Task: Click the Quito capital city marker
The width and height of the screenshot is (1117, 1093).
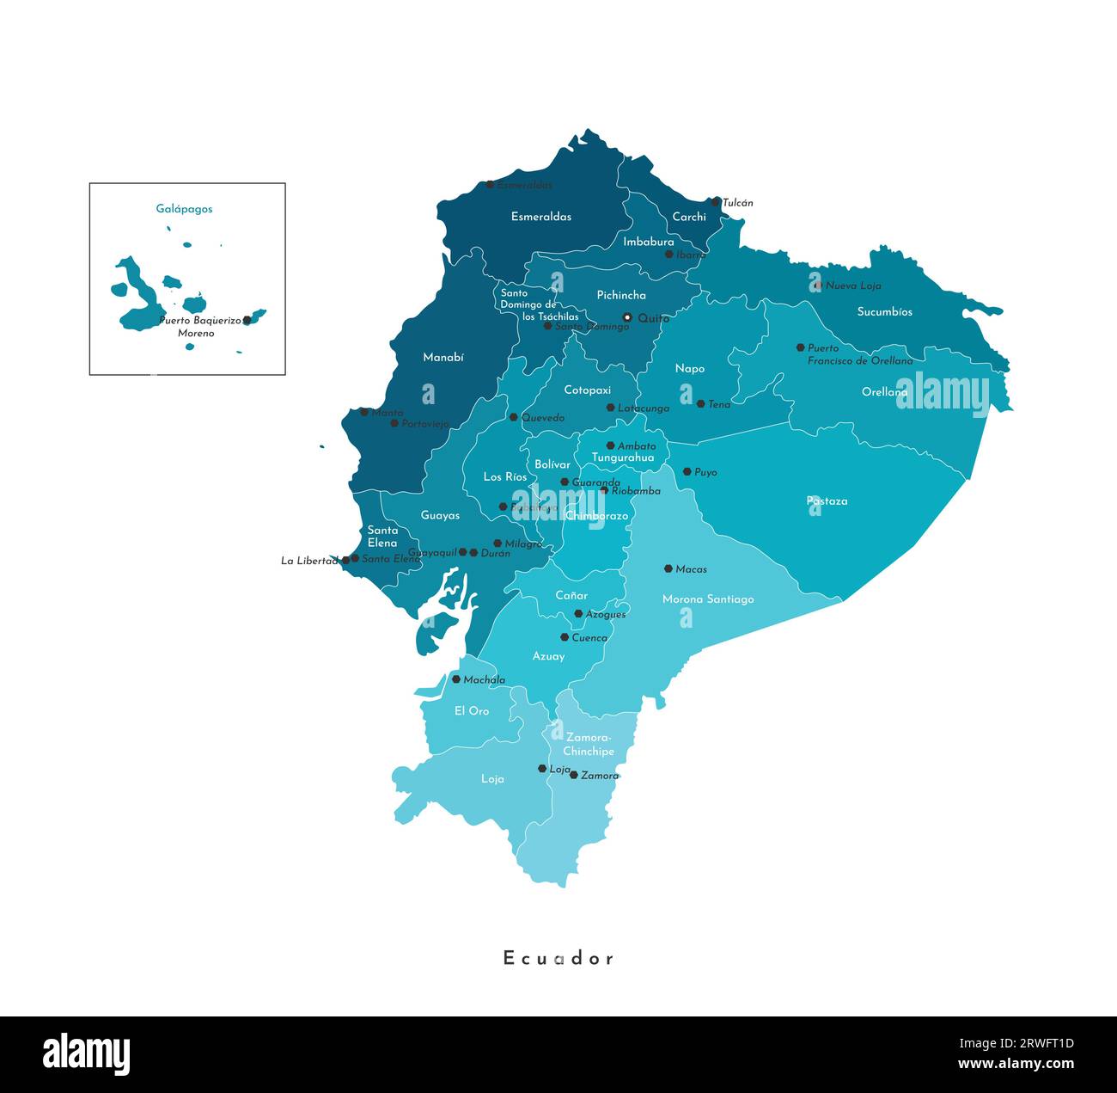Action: pyautogui.click(x=627, y=317)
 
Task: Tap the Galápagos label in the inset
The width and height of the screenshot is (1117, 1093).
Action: pyautogui.click(x=184, y=209)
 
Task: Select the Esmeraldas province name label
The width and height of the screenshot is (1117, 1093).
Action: pyautogui.click(x=541, y=217)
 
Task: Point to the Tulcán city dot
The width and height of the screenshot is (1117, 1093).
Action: pyautogui.click(x=715, y=202)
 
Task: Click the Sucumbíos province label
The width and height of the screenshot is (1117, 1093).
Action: pyautogui.click(x=884, y=312)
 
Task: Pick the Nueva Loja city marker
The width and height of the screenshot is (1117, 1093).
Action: pyautogui.click(x=818, y=285)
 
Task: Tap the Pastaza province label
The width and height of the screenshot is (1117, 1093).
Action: pyautogui.click(x=827, y=500)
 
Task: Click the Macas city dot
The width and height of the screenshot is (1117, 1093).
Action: pyautogui.click(x=668, y=568)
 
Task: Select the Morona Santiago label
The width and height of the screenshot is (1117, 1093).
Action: pyautogui.click(x=708, y=599)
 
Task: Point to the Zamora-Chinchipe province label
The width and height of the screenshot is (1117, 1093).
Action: pyautogui.click(x=589, y=744)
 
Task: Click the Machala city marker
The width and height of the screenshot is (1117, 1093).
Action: pyautogui.click(x=456, y=679)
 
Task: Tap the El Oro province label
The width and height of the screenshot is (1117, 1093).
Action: pyautogui.click(x=472, y=711)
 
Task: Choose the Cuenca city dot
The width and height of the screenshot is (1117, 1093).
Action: pyautogui.click(x=565, y=637)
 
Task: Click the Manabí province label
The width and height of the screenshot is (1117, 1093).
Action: pyautogui.click(x=443, y=357)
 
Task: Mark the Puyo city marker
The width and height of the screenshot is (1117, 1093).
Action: pyautogui.click(x=687, y=471)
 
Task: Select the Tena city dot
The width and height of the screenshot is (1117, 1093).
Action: pyautogui.click(x=700, y=403)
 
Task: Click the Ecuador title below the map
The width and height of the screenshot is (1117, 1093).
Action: pyautogui.click(x=558, y=958)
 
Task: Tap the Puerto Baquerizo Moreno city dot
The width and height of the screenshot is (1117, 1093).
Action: pyautogui.click(x=247, y=320)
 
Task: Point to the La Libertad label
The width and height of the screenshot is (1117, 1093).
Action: pyautogui.click(x=309, y=561)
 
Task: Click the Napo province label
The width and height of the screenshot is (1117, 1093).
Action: pyautogui.click(x=689, y=369)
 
